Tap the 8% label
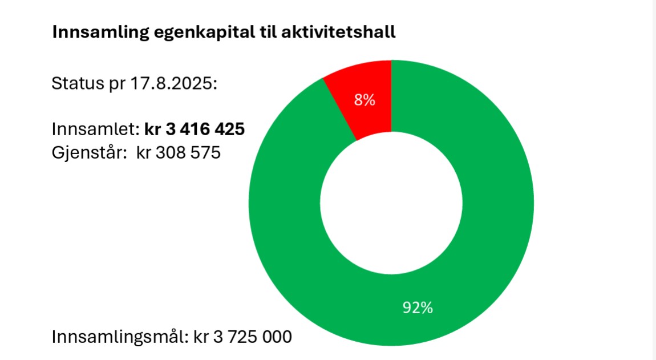pyautogui.click(x=365, y=100)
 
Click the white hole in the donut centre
pyautogui.click(x=391, y=203)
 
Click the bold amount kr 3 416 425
pyautogui.click(x=195, y=130)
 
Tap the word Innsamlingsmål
pyautogui.click(x=118, y=336)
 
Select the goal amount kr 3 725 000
pyautogui.click(x=242, y=336)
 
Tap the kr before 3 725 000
pyautogui.click(x=200, y=336)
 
